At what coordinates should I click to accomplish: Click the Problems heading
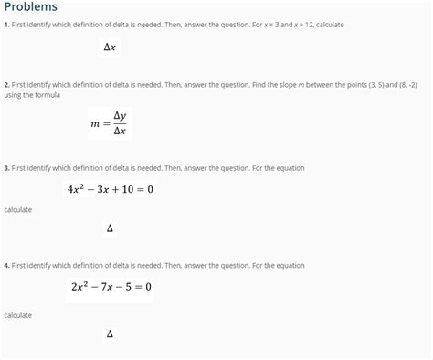pyautogui.click(x=31, y=7)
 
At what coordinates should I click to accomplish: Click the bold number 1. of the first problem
pyautogui.click(x=7, y=24)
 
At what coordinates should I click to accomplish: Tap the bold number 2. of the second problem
pyautogui.click(x=7, y=84)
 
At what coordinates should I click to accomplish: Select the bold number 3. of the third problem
pyautogui.click(x=7, y=168)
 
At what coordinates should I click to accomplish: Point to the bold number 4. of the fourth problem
pyautogui.click(x=7, y=265)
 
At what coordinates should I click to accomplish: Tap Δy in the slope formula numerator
pyautogui.click(x=120, y=115)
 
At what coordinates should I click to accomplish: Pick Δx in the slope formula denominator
pyautogui.click(x=120, y=131)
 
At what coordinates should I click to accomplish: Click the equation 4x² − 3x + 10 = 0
pyautogui.click(x=111, y=189)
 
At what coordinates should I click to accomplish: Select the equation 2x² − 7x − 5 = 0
pyautogui.click(x=111, y=287)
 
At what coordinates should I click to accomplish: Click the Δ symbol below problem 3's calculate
pyautogui.click(x=110, y=228)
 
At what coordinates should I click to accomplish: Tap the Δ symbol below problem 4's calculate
pyautogui.click(x=110, y=334)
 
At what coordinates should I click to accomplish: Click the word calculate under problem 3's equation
pyautogui.click(x=18, y=210)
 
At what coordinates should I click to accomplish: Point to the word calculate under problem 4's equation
pyautogui.click(x=18, y=315)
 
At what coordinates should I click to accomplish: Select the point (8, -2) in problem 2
pyautogui.click(x=406, y=84)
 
